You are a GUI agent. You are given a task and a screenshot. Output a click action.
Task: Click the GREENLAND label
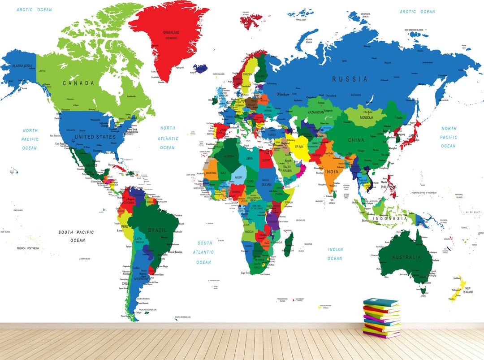click(x=171, y=33)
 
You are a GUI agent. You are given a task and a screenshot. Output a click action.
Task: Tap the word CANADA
click(x=78, y=83)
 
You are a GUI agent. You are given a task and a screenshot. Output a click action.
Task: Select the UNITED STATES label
click(x=95, y=137)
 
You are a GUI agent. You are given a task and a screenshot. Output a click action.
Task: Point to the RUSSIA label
click(x=350, y=79)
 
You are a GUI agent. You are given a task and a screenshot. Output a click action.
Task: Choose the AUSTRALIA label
click(x=406, y=257)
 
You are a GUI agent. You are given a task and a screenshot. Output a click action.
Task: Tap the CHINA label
click(x=356, y=140)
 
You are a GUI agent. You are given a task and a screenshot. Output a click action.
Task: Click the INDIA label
click(x=332, y=172)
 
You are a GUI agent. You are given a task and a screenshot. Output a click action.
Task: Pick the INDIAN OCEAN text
click(x=335, y=254)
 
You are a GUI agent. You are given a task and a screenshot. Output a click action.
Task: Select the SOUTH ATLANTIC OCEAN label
click(x=203, y=252)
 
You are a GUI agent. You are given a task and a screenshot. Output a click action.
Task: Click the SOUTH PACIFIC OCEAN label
click(x=77, y=236)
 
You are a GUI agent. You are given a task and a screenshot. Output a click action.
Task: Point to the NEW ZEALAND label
click(x=468, y=290)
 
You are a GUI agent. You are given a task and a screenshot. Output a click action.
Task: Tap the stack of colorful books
click(x=381, y=318)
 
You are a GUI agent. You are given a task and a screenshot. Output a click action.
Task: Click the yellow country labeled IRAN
click(x=299, y=146)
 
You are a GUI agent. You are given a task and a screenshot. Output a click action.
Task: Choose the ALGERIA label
click(x=229, y=156)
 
